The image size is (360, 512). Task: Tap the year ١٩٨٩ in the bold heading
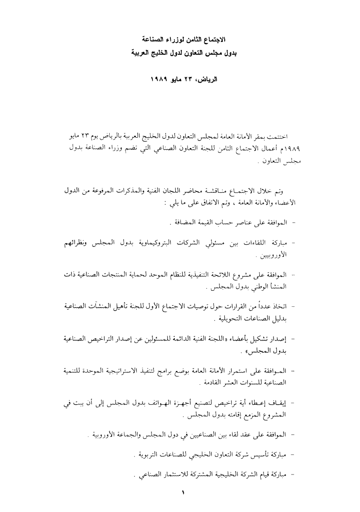(159, 79)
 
